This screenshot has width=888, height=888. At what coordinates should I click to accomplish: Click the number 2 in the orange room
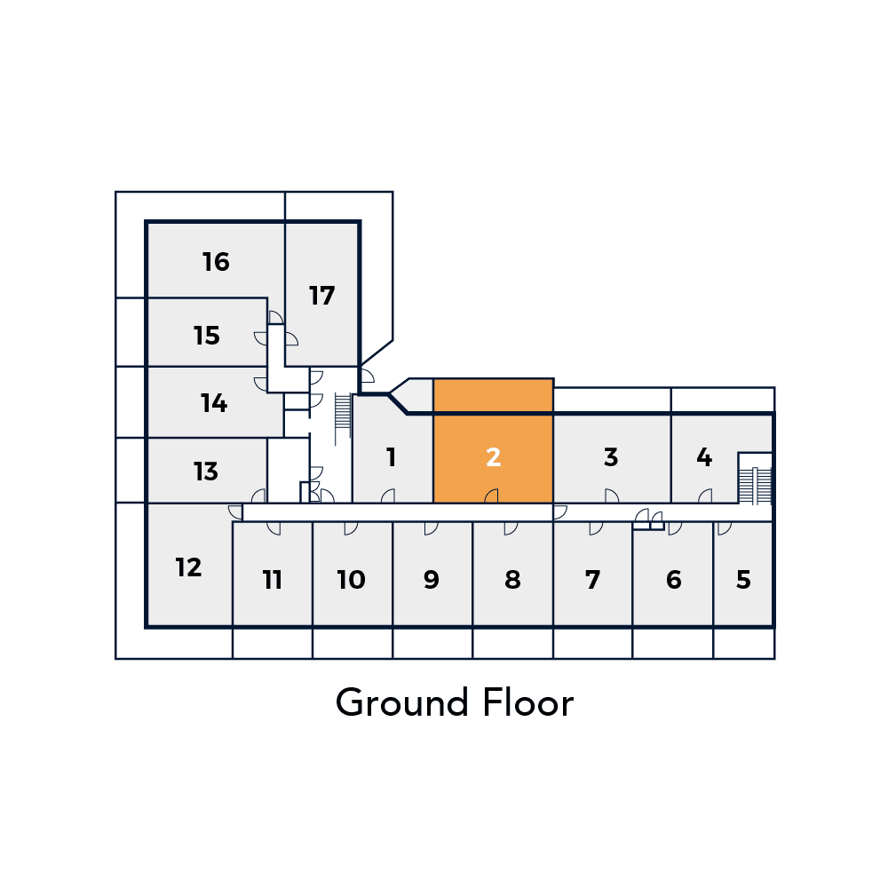tap(493, 457)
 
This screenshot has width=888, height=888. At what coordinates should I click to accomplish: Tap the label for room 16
tap(216, 262)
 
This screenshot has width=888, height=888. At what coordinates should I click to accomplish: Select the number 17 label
tap(321, 295)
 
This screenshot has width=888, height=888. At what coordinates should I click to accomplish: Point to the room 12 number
tap(188, 567)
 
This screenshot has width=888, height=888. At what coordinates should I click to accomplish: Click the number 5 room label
tap(743, 579)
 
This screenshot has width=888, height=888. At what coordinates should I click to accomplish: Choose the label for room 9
tap(432, 579)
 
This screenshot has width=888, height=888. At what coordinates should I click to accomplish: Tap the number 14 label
tap(214, 402)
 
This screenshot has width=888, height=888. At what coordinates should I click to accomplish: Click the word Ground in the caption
tap(402, 702)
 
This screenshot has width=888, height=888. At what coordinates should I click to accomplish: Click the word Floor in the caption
tap(528, 702)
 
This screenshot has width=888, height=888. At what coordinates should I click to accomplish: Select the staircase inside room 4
tap(755, 486)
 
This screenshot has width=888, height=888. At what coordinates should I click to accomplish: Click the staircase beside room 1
tap(343, 412)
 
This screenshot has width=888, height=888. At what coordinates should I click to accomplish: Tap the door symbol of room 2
tap(492, 496)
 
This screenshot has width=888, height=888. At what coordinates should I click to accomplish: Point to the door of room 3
tap(612, 496)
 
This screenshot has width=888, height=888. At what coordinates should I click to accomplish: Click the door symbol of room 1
tap(388, 496)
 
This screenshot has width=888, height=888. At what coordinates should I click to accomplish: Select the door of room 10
tap(351, 528)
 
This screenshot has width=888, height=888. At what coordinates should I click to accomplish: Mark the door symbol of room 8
tap(511, 528)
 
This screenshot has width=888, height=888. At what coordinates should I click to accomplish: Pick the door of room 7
tap(596, 528)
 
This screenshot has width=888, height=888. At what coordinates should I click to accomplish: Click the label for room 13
tap(206, 472)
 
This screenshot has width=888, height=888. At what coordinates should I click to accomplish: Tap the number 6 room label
tap(674, 579)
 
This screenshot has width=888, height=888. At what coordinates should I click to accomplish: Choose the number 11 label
tap(273, 579)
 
